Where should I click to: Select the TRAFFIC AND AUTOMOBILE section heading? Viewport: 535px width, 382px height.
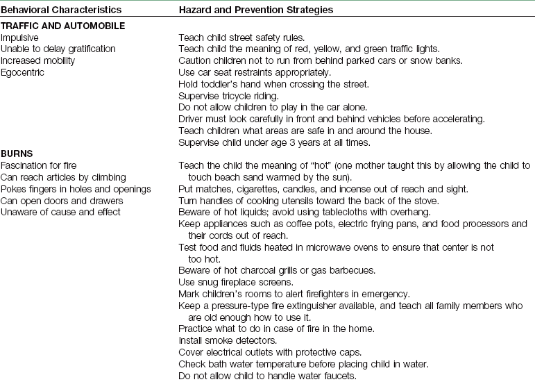pyautogui.click(x=62, y=26)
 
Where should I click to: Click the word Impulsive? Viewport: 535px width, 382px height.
pyautogui.click(x=20, y=37)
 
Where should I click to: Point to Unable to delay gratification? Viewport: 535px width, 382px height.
pyautogui.click(x=58, y=49)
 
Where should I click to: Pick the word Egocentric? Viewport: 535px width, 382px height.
pyautogui.click(x=23, y=72)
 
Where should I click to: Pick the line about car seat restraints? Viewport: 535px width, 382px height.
pyautogui.click(x=255, y=72)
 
